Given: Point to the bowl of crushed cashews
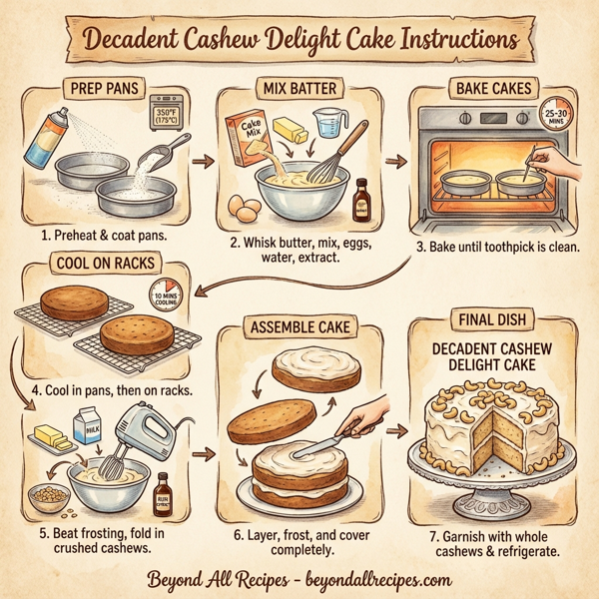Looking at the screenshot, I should pyautogui.click(x=49, y=493).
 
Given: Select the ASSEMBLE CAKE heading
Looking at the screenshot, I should pyautogui.click(x=299, y=325).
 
